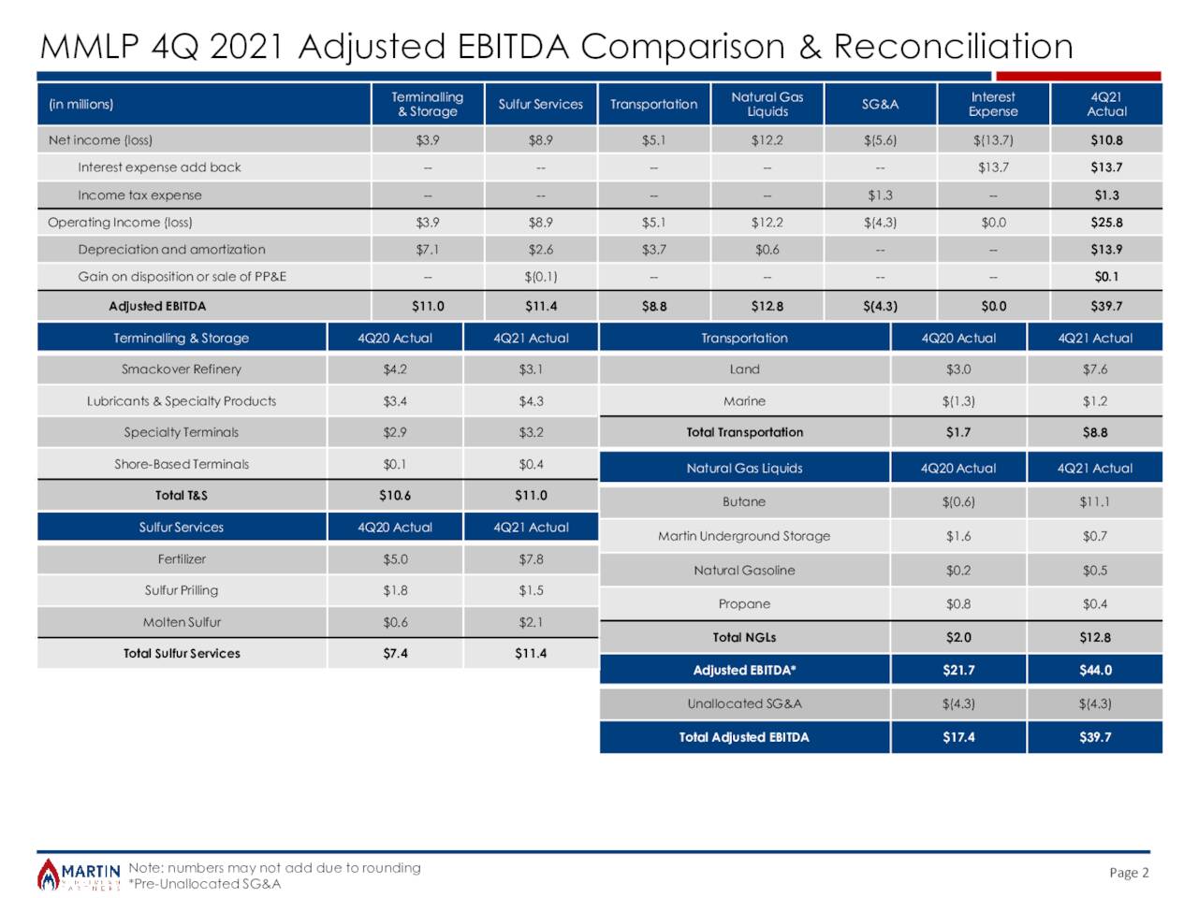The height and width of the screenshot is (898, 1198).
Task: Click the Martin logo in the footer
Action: tap(79, 875)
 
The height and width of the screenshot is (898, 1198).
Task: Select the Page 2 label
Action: tap(1129, 872)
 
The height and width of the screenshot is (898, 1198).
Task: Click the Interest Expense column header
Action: tap(993, 104)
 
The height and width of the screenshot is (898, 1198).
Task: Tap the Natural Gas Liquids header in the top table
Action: tap(767, 104)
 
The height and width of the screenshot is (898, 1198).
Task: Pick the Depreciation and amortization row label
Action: tap(171, 250)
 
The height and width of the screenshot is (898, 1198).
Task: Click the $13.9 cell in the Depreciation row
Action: tap(1106, 250)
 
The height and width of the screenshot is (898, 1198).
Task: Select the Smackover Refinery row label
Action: tap(182, 369)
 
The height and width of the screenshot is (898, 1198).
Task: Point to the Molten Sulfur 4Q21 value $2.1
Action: tap(531, 622)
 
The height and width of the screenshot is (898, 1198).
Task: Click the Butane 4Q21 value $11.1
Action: tap(1094, 501)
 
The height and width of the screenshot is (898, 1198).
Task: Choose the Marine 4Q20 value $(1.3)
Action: tap(958, 401)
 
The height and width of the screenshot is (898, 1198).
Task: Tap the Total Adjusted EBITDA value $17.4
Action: tap(958, 737)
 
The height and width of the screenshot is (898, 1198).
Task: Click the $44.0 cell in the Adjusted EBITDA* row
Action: tap(1094, 670)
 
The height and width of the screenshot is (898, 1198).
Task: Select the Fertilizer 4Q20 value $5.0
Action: tap(395, 559)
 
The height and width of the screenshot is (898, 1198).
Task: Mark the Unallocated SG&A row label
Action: tap(744, 703)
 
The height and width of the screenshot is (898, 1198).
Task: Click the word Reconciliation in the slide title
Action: tap(953, 46)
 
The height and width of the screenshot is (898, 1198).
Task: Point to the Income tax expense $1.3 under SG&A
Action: tap(880, 196)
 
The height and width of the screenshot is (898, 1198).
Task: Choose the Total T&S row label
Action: tap(182, 496)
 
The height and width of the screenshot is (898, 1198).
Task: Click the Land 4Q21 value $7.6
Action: tap(1094, 369)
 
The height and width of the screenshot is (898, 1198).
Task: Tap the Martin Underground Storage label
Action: tap(744, 536)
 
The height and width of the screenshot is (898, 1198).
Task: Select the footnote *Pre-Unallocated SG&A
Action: tap(204, 884)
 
